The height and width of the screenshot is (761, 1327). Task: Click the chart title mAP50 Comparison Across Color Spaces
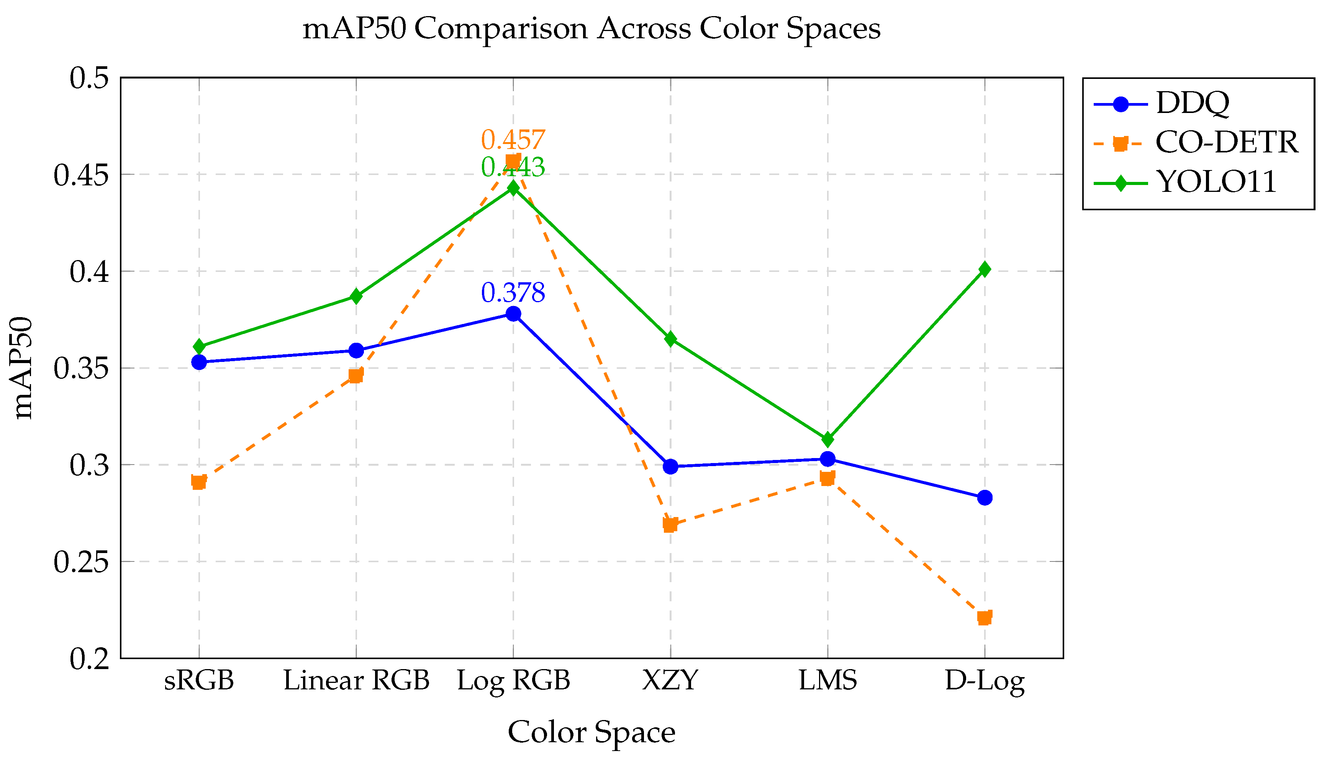pos(591,28)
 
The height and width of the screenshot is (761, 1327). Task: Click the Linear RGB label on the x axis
pos(356,681)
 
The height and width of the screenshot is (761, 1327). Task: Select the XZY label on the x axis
pos(670,681)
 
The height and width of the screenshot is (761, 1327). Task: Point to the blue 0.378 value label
pos(513,292)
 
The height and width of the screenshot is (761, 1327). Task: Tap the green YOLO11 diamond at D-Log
pos(985,269)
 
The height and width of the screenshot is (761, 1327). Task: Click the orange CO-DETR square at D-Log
pos(985,618)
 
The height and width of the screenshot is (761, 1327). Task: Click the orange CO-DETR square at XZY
pos(670,524)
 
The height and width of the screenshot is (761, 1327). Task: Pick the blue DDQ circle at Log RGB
pos(513,314)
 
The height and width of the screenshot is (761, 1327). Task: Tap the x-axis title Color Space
pos(591,732)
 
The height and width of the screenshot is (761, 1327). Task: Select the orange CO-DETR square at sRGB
pos(198,481)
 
